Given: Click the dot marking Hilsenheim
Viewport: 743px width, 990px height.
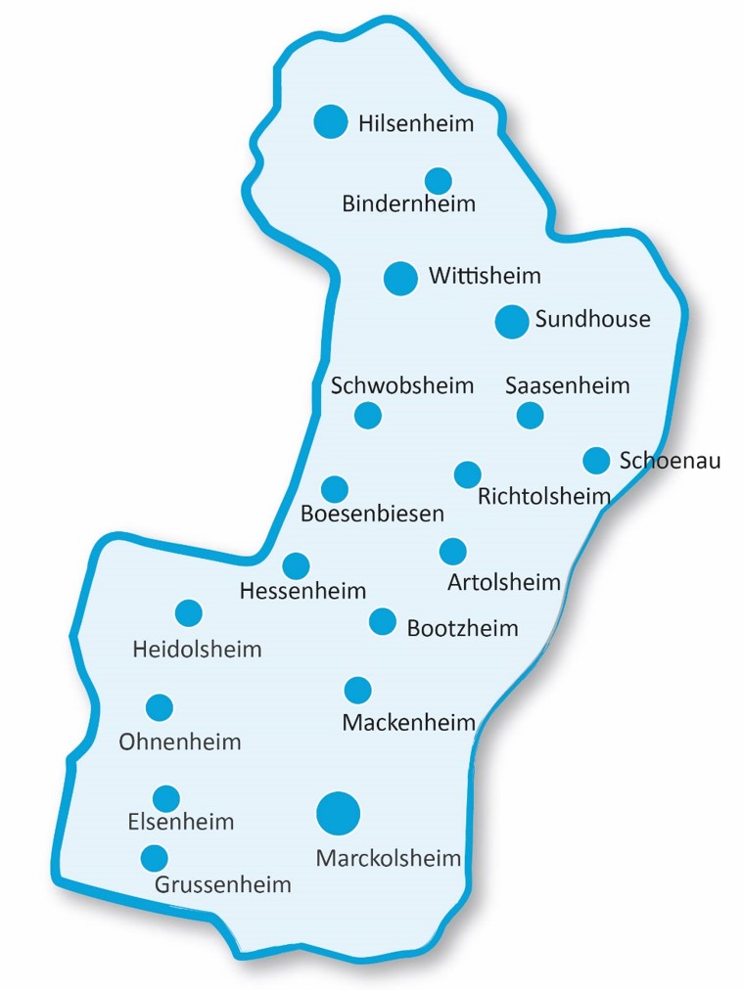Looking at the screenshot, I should (331, 121).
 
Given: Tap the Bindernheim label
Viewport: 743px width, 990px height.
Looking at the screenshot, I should (408, 203).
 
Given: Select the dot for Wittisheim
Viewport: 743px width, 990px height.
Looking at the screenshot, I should (399, 278).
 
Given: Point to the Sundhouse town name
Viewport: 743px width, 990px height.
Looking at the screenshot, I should (592, 318).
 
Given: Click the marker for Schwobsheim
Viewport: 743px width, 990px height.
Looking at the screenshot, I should (367, 415).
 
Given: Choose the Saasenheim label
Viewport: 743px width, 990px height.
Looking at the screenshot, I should (568, 385).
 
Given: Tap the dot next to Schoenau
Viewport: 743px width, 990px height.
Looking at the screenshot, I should (596, 460).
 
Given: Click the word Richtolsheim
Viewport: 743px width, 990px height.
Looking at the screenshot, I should (544, 498).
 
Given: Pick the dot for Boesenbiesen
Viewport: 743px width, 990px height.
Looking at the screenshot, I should (335, 489).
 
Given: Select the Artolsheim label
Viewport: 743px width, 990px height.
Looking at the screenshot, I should (504, 583).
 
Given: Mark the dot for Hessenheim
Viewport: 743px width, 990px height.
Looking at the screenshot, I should (296, 565).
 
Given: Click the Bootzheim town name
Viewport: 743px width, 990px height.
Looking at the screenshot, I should (462, 628).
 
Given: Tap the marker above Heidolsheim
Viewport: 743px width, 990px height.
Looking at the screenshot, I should (189, 613).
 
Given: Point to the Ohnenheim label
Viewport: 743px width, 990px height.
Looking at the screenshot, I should (180, 742).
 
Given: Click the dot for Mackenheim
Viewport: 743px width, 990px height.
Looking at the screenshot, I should (358, 690).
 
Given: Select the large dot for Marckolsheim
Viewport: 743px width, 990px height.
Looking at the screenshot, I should (339, 812).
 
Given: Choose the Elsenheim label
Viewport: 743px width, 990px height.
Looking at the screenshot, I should (181, 822).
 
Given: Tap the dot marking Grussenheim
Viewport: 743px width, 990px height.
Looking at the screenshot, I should (154, 858).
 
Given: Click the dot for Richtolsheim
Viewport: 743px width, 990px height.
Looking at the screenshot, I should (468, 474).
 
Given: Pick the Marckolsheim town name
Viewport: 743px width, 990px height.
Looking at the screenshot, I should (389, 859).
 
